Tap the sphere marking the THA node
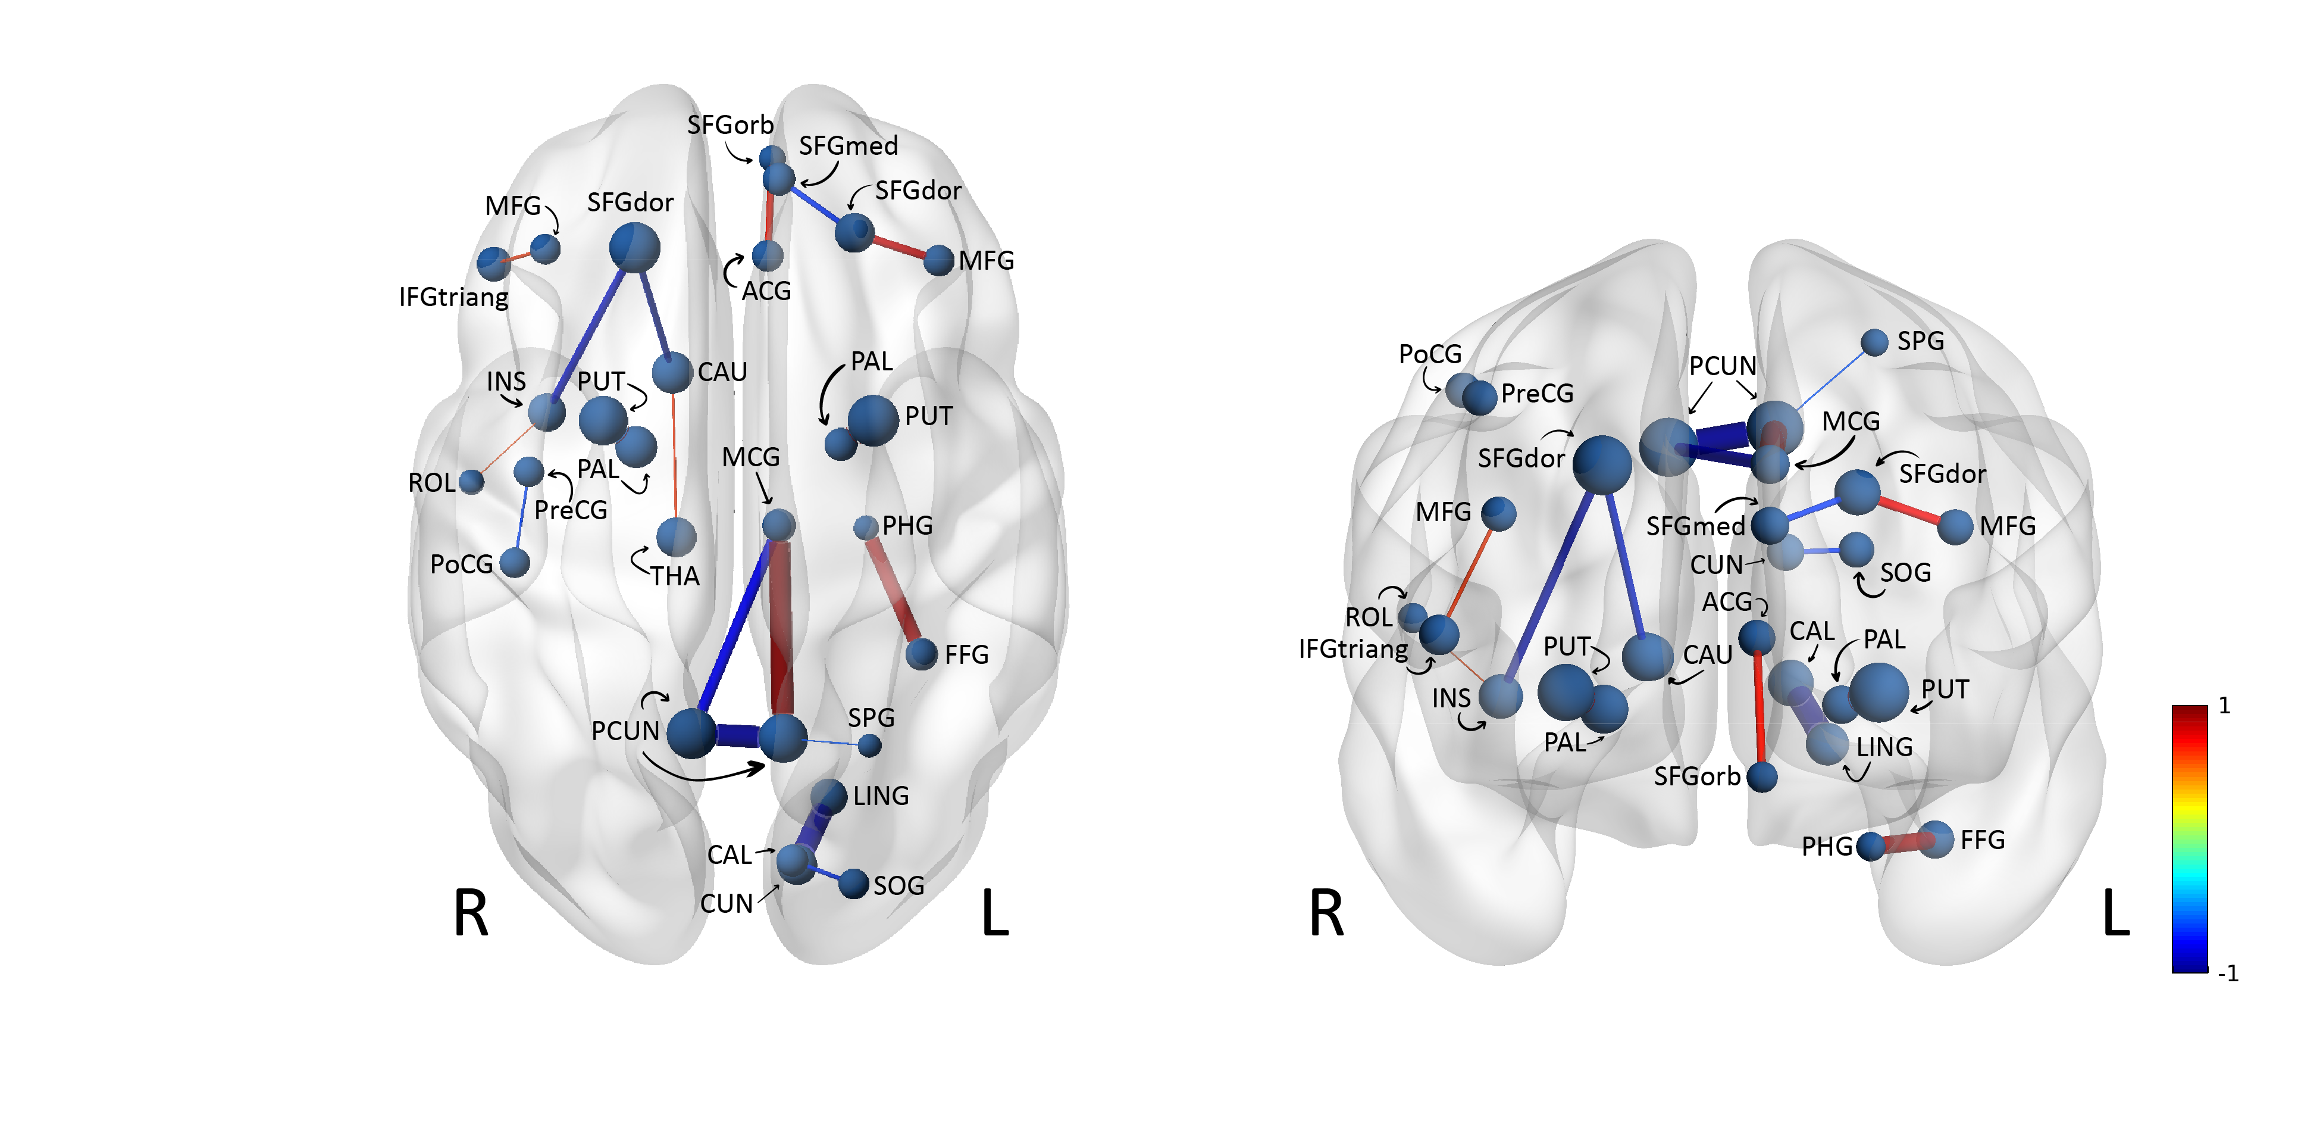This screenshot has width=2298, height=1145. (676, 537)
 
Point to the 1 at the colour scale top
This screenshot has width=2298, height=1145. (2224, 706)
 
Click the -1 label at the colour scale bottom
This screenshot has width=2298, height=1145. (2228, 974)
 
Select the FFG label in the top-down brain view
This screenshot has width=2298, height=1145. (966, 655)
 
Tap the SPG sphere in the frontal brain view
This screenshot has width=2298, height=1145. (1874, 342)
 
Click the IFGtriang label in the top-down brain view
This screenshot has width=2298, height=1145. (453, 297)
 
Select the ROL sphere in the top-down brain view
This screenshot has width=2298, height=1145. (471, 482)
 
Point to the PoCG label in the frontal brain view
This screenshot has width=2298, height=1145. (1430, 354)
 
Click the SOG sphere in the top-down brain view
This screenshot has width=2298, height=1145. (854, 884)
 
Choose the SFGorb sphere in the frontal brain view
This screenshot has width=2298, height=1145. (1762, 776)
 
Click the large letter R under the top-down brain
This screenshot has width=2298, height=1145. (470, 914)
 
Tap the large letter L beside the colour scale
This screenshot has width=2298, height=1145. (2115, 914)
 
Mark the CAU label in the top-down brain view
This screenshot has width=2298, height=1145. (722, 372)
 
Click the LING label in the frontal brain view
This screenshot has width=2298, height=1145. (1884, 747)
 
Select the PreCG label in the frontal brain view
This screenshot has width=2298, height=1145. (1537, 394)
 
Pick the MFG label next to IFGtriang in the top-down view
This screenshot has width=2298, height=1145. (512, 206)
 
